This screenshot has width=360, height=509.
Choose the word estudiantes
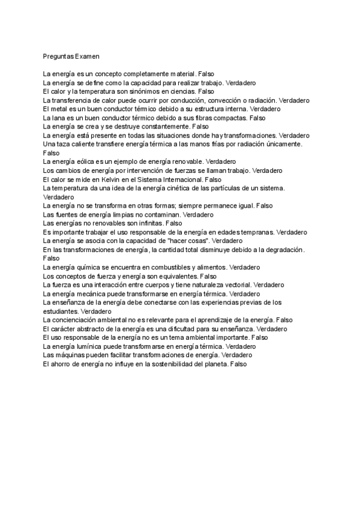pos(60,312)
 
